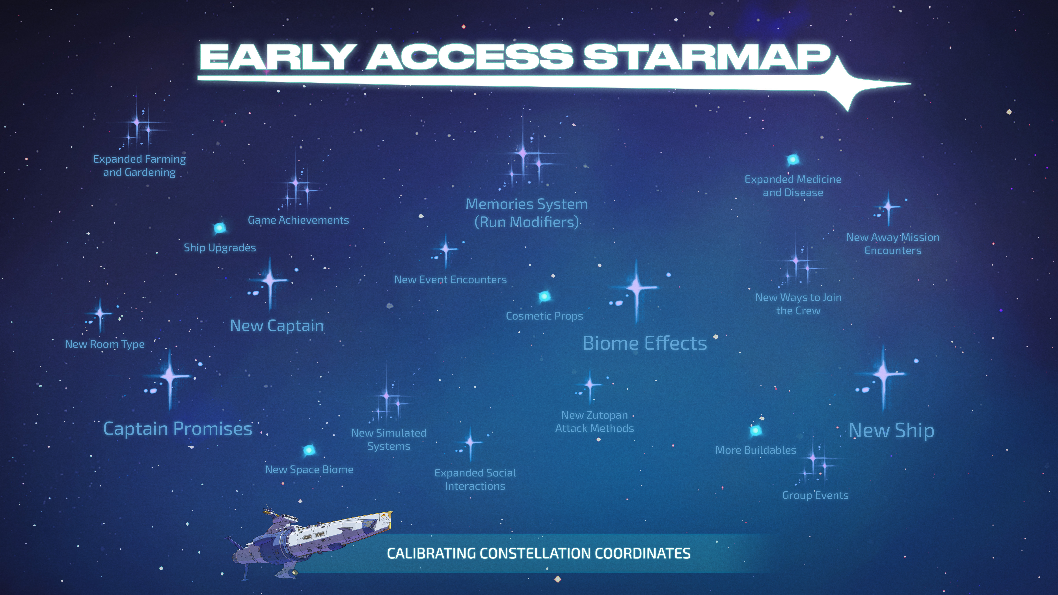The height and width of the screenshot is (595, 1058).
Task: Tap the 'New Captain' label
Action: click(277, 326)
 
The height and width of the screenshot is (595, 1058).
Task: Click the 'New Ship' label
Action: click(891, 430)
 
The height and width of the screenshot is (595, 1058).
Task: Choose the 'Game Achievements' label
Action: click(298, 220)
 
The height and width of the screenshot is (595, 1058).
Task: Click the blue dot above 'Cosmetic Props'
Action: click(544, 296)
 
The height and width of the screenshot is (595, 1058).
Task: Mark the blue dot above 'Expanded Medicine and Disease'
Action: click(793, 159)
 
